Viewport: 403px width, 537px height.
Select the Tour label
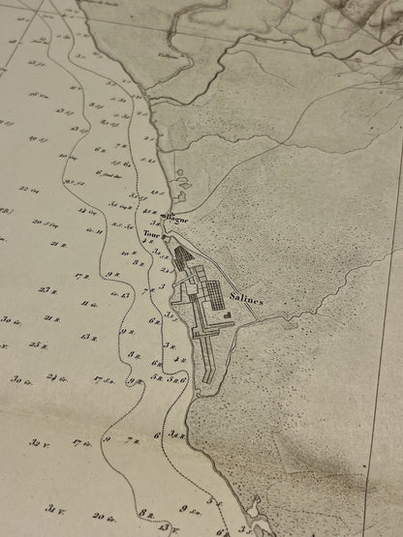click(151, 235)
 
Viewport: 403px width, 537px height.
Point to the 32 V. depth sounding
click(40, 442)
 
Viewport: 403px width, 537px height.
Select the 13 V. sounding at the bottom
click(167, 526)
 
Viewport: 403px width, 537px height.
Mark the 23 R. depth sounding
click(48, 289)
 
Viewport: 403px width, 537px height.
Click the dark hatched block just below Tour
click(183, 256)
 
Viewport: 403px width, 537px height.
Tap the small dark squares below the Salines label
click(227, 313)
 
